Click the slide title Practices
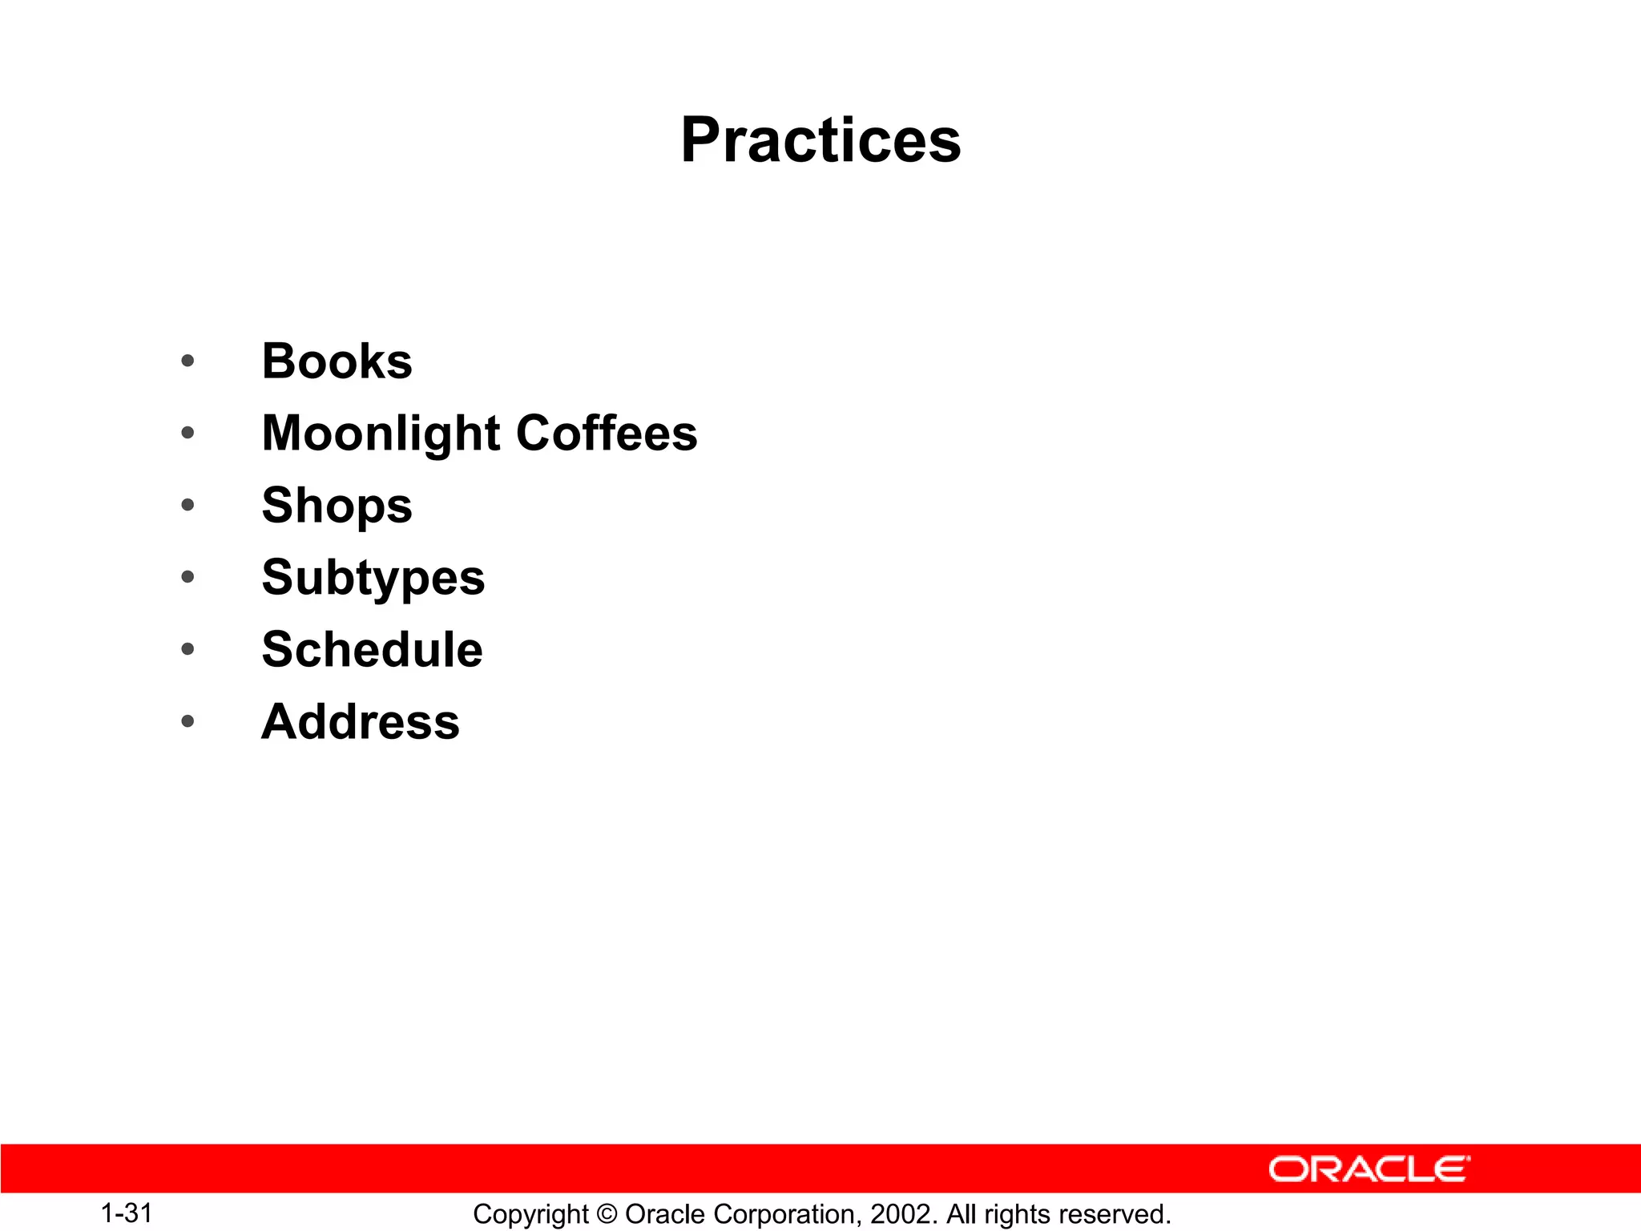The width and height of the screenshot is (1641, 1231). pyautogui.click(x=820, y=140)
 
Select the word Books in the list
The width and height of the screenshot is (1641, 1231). pyautogui.click(x=337, y=361)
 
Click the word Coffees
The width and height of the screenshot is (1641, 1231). pyautogui.click(x=607, y=434)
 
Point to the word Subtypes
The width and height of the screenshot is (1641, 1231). pyautogui.click(x=373, y=579)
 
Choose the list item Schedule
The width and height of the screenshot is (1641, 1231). pyautogui.click(x=373, y=649)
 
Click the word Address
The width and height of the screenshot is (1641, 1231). pyautogui.click(x=361, y=721)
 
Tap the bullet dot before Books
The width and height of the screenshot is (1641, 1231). pyautogui.click(x=187, y=361)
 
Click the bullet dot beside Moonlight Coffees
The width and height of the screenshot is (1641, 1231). pyautogui.click(x=187, y=434)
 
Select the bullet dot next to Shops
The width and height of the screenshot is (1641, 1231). pyautogui.click(x=187, y=505)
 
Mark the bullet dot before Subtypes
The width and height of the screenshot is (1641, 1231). pyautogui.click(x=187, y=577)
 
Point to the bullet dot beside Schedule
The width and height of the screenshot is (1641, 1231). pyautogui.click(x=187, y=649)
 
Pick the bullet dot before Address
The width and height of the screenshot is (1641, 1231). pyautogui.click(x=187, y=721)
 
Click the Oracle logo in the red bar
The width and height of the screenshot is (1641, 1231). pyautogui.click(x=1369, y=1169)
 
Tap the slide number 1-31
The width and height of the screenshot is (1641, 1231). pyautogui.click(x=127, y=1213)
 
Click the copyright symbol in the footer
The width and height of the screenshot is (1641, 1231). pyautogui.click(x=607, y=1214)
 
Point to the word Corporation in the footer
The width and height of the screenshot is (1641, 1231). pyautogui.click(x=784, y=1214)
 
